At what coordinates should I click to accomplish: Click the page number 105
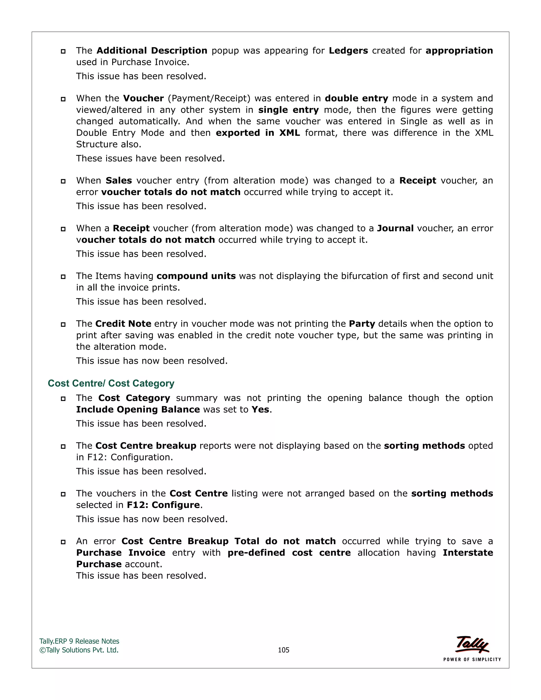tap(283, 650)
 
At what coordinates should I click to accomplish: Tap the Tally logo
tap(472, 645)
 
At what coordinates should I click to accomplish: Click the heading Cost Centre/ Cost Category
tap(111, 383)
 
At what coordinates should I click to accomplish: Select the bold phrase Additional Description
tap(152, 51)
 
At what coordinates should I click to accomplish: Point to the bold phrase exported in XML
tap(258, 133)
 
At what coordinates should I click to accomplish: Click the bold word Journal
tap(395, 228)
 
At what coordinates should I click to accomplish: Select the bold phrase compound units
tap(196, 276)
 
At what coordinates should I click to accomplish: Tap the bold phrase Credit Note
tap(123, 324)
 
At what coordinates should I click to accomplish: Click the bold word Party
tap(362, 324)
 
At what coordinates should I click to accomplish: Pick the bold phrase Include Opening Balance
tap(138, 410)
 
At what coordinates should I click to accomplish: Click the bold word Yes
tap(260, 410)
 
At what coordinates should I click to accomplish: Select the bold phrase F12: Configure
tap(164, 505)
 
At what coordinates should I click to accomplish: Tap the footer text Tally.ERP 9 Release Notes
tap(79, 641)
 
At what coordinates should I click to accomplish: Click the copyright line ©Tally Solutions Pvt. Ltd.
tap(79, 650)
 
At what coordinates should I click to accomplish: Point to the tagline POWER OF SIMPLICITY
tap(472, 659)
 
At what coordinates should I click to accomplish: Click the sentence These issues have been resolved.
tap(150, 158)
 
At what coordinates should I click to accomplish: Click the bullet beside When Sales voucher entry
tap(63, 181)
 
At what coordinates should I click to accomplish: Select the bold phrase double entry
tap(356, 99)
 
